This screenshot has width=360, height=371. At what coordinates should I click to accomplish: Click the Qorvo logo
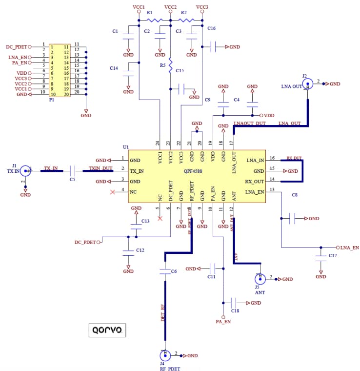pos(107,330)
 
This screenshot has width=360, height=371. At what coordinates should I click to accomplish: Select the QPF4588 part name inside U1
pos(194,171)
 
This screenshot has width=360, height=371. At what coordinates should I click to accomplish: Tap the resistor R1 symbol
pos(155,21)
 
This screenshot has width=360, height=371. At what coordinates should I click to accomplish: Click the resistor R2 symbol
pos(186,21)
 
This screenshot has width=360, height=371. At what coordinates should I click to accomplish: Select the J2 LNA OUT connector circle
pos(307,84)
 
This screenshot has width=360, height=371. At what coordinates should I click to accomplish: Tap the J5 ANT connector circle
pos(260,279)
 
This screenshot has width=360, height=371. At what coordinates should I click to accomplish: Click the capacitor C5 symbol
pos(72,171)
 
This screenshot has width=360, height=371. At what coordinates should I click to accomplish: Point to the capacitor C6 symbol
pos(166,270)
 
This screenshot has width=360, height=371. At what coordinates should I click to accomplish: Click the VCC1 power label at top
pos(139,7)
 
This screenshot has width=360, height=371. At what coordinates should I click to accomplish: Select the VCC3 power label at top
pos(202,7)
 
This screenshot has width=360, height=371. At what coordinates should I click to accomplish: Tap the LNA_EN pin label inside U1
pos(255,192)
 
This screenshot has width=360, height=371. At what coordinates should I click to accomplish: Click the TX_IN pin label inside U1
pos(137,171)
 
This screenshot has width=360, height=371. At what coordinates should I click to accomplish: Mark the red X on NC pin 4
pos(113,192)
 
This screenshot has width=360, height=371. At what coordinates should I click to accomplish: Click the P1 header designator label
pos(51,100)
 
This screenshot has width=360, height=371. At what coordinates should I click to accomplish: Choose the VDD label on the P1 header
pos(21,73)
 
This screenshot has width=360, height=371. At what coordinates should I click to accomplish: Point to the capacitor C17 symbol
pos(320,256)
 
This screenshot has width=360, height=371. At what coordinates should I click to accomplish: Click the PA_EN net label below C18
pos(223,322)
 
